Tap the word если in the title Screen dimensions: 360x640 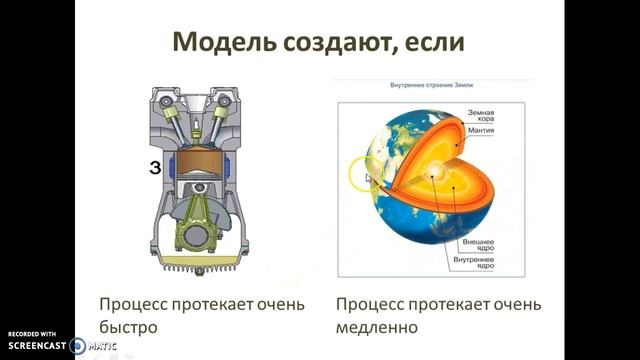tap(439, 43)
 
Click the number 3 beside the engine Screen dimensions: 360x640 tap(155, 168)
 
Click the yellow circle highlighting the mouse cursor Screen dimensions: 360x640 tap(365, 176)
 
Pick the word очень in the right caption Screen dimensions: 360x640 tap(516, 303)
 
